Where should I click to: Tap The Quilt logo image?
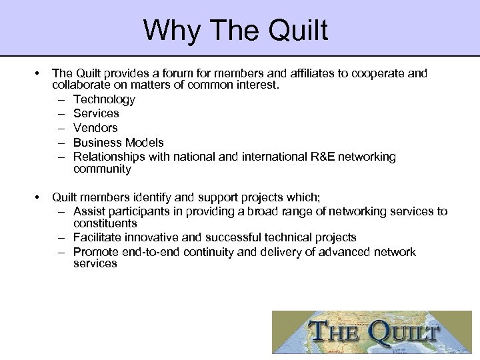[x=375, y=332]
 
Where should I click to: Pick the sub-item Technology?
[x=104, y=99]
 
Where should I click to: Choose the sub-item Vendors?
[x=95, y=127]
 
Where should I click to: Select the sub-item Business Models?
[x=118, y=142]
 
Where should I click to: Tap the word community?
[x=103, y=169]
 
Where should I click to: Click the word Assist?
[x=89, y=211]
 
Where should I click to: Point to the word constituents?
[x=105, y=223]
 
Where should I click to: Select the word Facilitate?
[x=97, y=237]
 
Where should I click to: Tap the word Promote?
[x=96, y=251]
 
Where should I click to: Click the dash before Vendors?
[x=60, y=127]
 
